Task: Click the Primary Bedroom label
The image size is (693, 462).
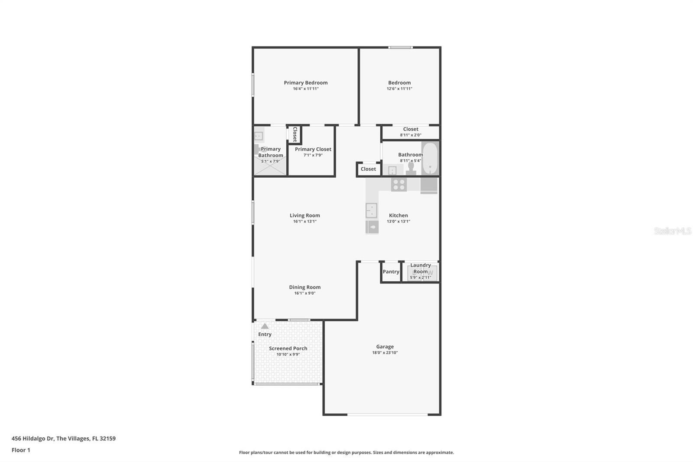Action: (x=305, y=83)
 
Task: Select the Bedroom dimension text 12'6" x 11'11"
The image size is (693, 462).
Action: (x=399, y=89)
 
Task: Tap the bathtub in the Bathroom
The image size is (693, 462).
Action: (x=430, y=158)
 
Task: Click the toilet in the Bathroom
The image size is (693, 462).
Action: (x=411, y=168)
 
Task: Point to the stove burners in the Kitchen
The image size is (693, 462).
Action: (x=398, y=184)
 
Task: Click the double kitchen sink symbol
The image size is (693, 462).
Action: (x=371, y=210)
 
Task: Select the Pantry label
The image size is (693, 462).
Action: (x=391, y=272)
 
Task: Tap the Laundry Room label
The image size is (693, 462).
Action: (x=420, y=268)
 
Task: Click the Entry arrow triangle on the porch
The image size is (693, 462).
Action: (x=265, y=326)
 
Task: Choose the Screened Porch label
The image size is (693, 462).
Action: (x=288, y=348)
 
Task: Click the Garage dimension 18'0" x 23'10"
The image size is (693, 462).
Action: (x=385, y=353)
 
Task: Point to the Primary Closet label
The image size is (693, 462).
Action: (x=313, y=149)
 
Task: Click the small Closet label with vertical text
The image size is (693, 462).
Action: (x=295, y=134)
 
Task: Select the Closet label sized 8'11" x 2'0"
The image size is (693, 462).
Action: (x=411, y=129)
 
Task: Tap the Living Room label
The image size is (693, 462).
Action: (x=304, y=215)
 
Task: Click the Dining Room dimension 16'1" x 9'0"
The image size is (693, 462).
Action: (x=304, y=293)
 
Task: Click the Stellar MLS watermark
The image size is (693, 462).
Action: (x=672, y=231)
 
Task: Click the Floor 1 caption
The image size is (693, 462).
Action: (x=21, y=450)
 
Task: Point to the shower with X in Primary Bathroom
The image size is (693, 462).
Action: (x=270, y=167)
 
